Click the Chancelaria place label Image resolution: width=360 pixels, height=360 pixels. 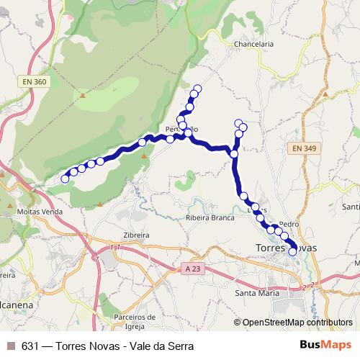click(x=253, y=44)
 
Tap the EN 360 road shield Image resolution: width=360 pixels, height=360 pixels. click(x=35, y=82)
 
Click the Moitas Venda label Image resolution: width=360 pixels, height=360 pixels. click(x=40, y=212)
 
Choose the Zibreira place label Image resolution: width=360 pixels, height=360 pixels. click(x=135, y=235)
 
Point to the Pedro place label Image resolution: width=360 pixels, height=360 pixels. click(x=288, y=224)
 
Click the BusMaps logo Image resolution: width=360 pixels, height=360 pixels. click(x=325, y=345)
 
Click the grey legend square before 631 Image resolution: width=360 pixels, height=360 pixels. click(x=9, y=346)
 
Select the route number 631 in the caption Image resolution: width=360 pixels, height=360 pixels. click(x=31, y=346)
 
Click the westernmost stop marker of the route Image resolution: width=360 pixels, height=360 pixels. click(x=65, y=179)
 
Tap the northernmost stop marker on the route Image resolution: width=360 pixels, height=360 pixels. click(x=197, y=89)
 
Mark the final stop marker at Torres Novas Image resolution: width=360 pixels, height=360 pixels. click(x=292, y=252)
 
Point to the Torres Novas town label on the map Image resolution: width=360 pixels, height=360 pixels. click(x=285, y=248)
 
